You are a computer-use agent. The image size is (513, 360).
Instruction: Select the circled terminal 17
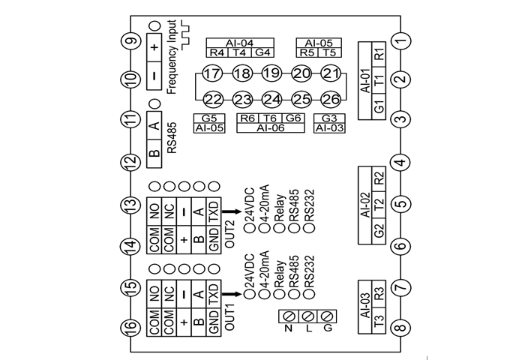point(212,73)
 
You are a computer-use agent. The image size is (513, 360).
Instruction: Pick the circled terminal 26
point(331,99)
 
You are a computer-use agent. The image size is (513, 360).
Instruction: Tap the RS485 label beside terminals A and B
point(171,139)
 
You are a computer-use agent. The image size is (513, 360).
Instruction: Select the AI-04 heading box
point(239,43)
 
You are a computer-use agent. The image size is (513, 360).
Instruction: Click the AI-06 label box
point(271,128)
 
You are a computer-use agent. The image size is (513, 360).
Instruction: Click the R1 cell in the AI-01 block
point(379,55)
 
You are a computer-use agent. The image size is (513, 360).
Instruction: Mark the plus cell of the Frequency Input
point(154,46)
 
